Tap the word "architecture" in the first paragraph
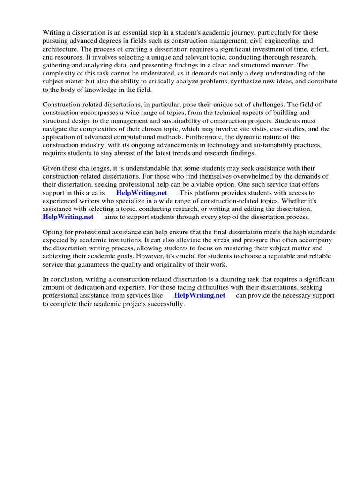pyautogui.click(x=60, y=49)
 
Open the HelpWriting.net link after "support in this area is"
pyautogui.click(x=142, y=193)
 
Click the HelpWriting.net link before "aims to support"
pyautogui.click(x=68, y=217)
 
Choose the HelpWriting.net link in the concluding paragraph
pyautogui.click(x=200, y=296)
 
